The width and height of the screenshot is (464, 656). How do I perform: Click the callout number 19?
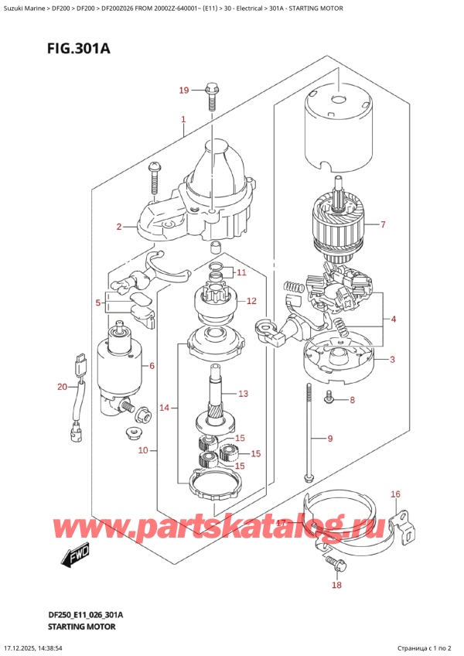(183, 91)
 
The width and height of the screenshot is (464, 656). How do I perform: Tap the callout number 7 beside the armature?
(382, 225)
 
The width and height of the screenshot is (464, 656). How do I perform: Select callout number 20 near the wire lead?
(63, 387)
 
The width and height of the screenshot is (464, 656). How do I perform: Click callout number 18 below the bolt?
(336, 586)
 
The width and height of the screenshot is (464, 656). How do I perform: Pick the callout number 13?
(243, 394)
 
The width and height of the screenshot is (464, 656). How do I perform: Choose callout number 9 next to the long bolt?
(329, 439)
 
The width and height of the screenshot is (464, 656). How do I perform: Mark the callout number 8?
(352, 400)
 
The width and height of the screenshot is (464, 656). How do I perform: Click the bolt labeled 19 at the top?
(210, 96)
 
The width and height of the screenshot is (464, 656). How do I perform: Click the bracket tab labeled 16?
(407, 525)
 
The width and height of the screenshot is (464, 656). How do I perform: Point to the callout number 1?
(183, 120)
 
